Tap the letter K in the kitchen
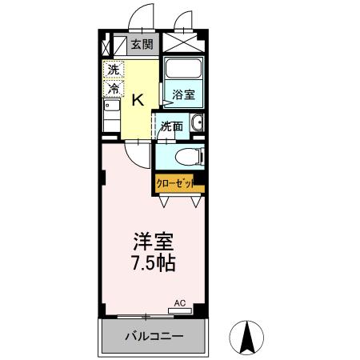coord(138,99)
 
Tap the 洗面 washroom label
coord(170,126)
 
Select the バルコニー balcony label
coord(154,337)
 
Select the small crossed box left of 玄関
coord(118,46)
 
